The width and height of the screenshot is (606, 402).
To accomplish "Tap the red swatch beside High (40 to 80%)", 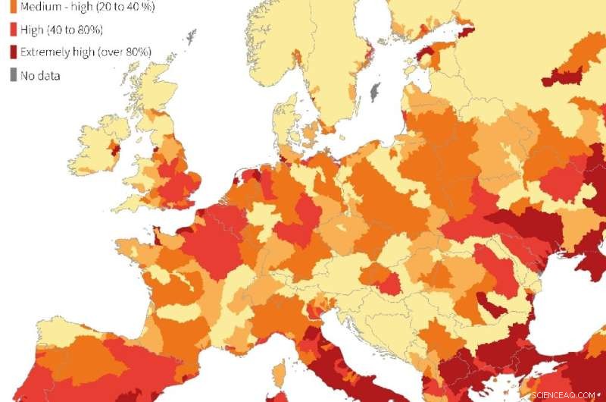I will pyautogui.click(x=13, y=29).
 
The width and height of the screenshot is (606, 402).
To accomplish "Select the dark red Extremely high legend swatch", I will pyautogui.click(x=13, y=52).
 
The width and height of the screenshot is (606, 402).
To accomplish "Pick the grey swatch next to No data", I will pyautogui.click(x=13, y=74).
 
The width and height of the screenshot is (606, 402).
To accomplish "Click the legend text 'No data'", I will pyautogui.click(x=40, y=75).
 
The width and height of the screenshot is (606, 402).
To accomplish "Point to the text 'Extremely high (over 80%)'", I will pyautogui.click(x=86, y=52).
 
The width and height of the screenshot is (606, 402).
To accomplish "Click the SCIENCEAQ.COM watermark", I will pyautogui.click(x=567, y=395).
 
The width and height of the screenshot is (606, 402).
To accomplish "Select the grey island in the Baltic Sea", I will pyautogui.click(x=373, y=93).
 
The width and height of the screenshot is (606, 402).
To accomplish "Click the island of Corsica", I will pyautogui.click(x=279, y=371).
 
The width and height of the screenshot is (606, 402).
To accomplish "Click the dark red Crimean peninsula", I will pyautogui.click(x=591, y=262).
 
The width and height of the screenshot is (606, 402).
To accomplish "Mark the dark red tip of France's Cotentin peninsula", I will pyautogui.click(x=158, y=231).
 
